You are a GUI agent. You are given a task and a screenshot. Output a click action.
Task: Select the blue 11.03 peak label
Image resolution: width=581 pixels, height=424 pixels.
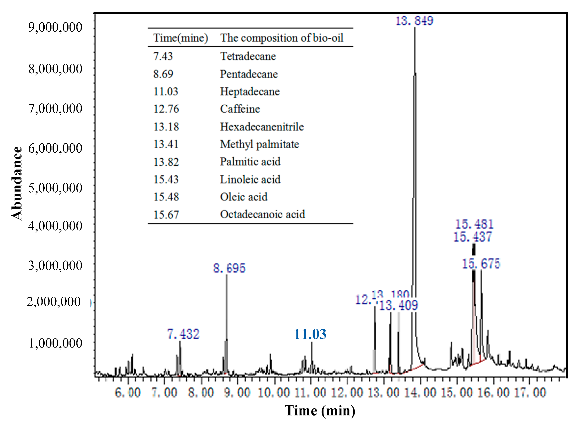pos(310,334)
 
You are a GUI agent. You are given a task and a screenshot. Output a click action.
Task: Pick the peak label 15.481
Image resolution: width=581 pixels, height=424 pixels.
pos(474,225)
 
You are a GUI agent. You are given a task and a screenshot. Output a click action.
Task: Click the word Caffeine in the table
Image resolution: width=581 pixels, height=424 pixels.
pos(240,109)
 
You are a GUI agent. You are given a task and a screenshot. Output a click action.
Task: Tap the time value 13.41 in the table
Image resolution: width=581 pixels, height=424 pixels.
pos(166,144)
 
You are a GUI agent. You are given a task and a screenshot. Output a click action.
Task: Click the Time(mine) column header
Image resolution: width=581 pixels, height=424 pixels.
pos(180,38)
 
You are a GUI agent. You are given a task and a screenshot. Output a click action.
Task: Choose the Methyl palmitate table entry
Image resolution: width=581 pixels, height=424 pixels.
pos(259,144)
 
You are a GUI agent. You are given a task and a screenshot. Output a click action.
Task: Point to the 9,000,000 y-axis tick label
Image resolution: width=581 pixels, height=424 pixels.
pos(55,27)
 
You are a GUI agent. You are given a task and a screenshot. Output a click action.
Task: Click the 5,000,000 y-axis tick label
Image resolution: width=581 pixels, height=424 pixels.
pos(55,188)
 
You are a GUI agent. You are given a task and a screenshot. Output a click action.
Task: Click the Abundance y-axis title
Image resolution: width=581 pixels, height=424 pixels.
pos(17,184)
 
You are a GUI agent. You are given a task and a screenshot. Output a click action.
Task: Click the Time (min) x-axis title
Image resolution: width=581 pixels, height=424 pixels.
pos(320,411)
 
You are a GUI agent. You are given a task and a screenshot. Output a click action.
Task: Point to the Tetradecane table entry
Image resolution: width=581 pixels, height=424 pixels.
pos(248,56)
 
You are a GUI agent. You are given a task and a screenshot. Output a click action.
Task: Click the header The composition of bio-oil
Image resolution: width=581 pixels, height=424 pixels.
pos(281,38)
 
